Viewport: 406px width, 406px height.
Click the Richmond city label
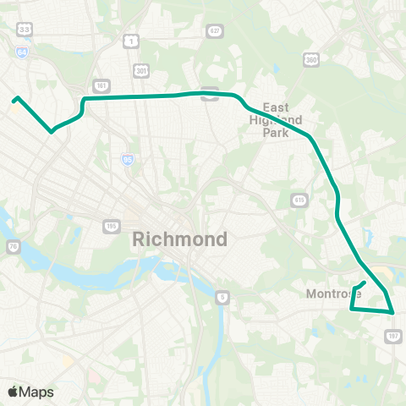pos(180,239)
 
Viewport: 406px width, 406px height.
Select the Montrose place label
pos(333,294)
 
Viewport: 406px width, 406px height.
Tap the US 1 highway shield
pos(131,40)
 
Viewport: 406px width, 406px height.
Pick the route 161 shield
pos(101,86)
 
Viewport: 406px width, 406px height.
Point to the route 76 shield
pos(13,247)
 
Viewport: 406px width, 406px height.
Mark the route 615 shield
pos(299,200)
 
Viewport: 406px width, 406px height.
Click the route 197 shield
pos(392,336)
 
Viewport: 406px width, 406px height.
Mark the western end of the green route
pos(14,99)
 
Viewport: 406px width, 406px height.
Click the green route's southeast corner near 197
pos(394,313)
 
